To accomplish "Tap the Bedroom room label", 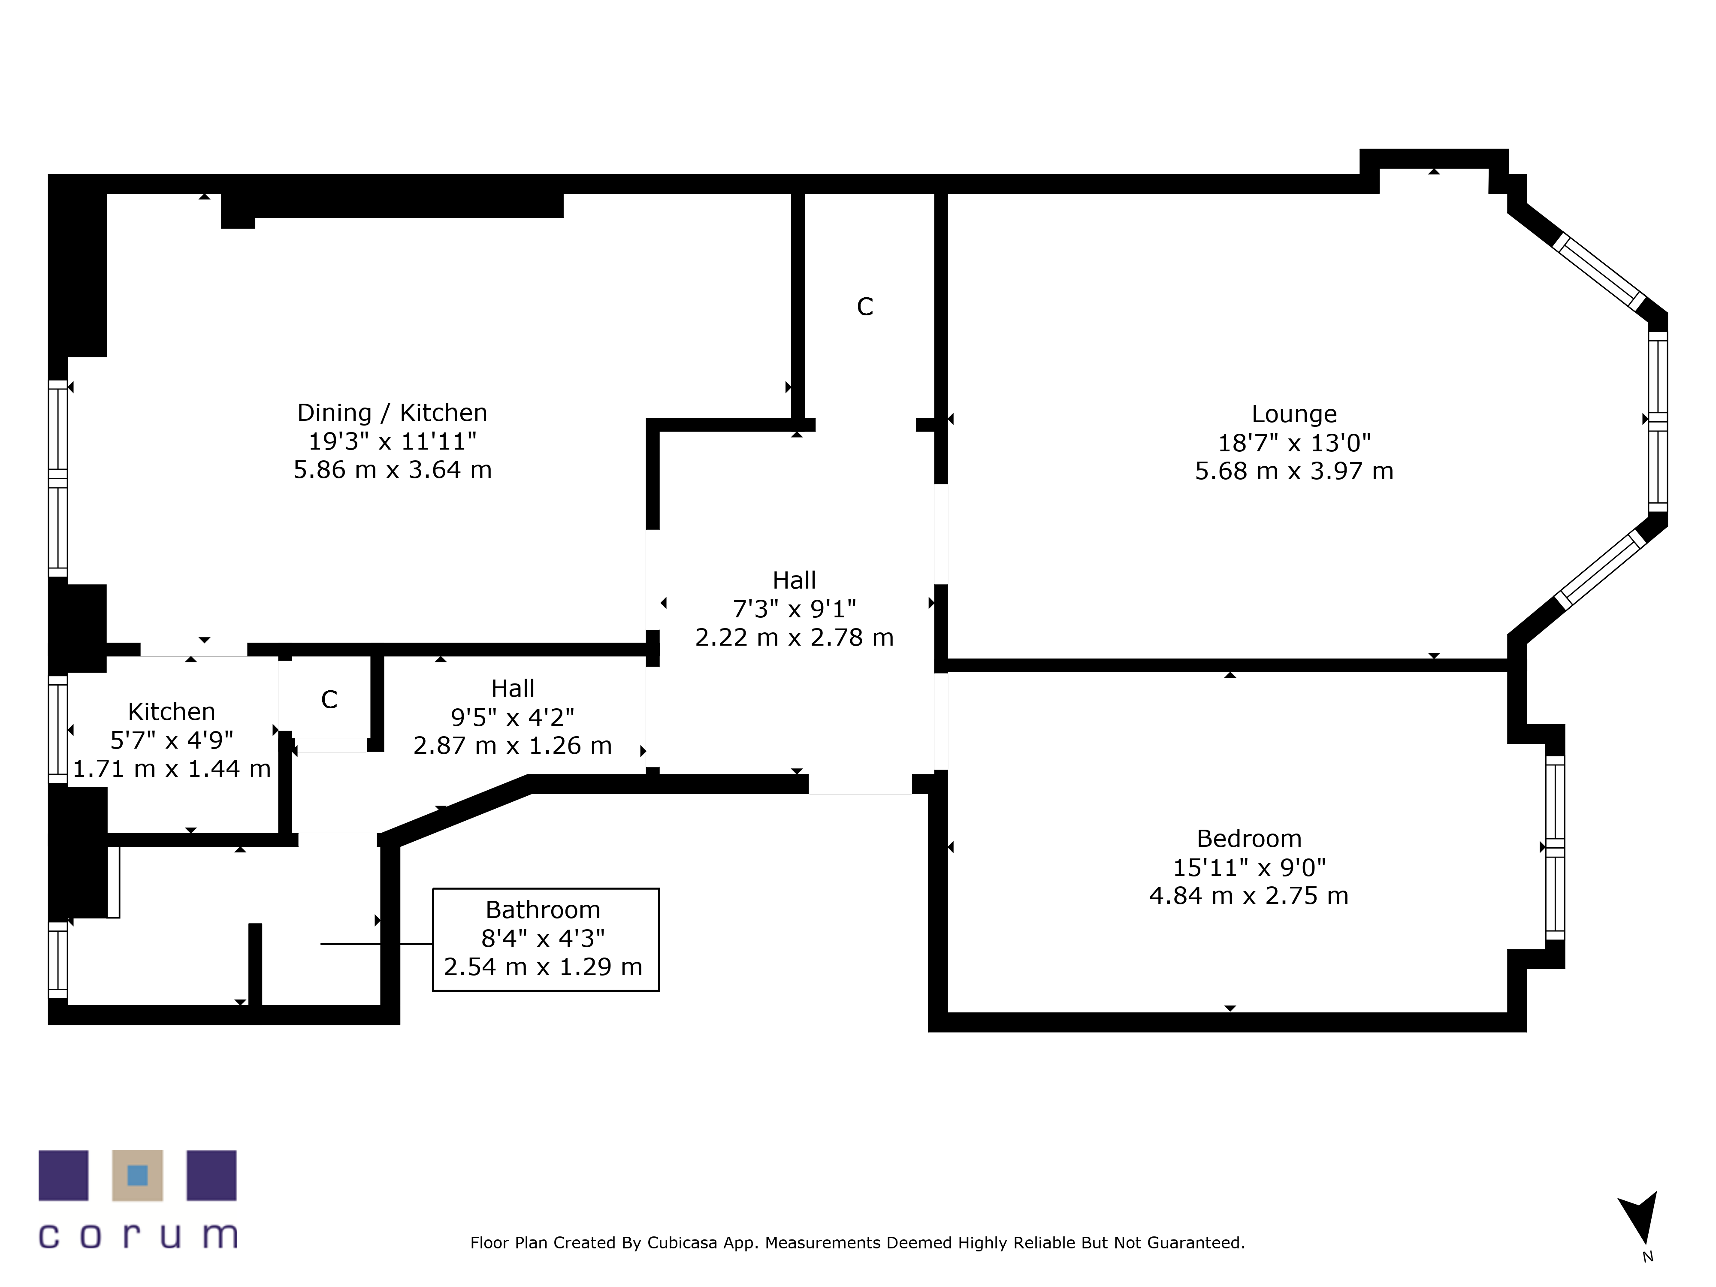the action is pos(1248,839).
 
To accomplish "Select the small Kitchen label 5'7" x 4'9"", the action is pos(172,740).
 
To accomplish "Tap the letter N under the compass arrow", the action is pos(1648,1257).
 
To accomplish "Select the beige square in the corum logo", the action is pos(137,1175).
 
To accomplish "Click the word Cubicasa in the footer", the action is pos(682,1243).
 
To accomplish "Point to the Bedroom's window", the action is pos(1555,847).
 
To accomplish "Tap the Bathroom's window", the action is pos(58,960).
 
